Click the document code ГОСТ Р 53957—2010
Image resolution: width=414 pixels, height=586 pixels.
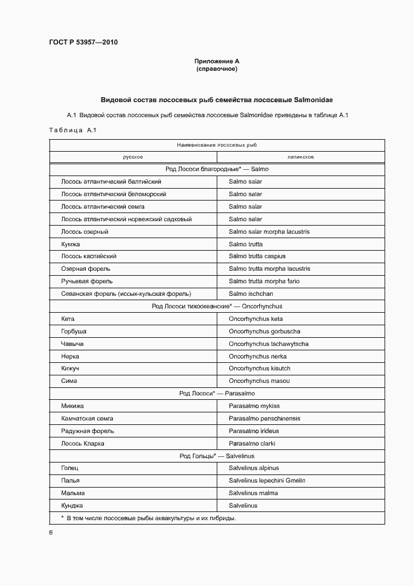(83, 43)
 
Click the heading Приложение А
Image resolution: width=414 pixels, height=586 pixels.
(217, 61)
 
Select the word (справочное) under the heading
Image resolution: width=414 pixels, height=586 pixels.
(217, 69)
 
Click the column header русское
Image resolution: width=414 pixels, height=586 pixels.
(133, 157)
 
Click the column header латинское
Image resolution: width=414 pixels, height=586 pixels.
(301, 157)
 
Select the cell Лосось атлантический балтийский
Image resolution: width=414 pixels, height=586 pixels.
(107, 182)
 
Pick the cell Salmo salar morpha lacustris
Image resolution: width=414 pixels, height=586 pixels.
(269, 232)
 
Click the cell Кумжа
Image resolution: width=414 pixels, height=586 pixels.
(70, 244)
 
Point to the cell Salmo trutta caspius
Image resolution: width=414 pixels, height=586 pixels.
(257, 256)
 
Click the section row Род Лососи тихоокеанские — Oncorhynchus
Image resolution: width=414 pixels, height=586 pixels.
(217, 306)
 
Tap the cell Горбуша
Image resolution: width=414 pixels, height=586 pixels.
(73, 331)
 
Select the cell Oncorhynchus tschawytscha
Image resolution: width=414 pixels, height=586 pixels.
(268, 343)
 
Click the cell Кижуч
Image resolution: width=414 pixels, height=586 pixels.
(70, 369)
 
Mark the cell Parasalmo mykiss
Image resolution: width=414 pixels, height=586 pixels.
(254, 405)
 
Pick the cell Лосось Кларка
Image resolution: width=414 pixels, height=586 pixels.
(82, 443)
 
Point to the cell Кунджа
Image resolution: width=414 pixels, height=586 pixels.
(72, 505)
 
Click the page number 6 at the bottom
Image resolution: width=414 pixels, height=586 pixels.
(51, 532)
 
